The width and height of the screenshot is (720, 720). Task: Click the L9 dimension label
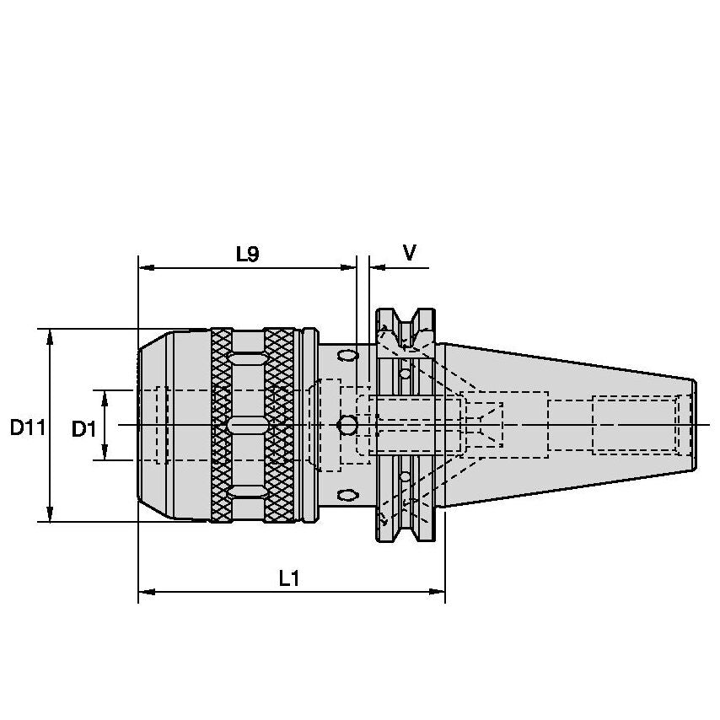point(247,254)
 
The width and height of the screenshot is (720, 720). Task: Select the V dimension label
point(409,253)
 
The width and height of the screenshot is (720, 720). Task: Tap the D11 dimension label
point(27,428)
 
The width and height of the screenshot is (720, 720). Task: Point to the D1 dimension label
point(83,429)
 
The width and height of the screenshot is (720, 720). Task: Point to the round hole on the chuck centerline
point(347,426)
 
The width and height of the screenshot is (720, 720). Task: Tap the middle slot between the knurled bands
point(247,422)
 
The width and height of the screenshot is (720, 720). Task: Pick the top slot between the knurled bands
point(247,358)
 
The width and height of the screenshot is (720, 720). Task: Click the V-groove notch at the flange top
point(407,325)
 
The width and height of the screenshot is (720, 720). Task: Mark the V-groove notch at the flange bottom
point(407,527)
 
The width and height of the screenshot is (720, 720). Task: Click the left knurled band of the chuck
point(221,425)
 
